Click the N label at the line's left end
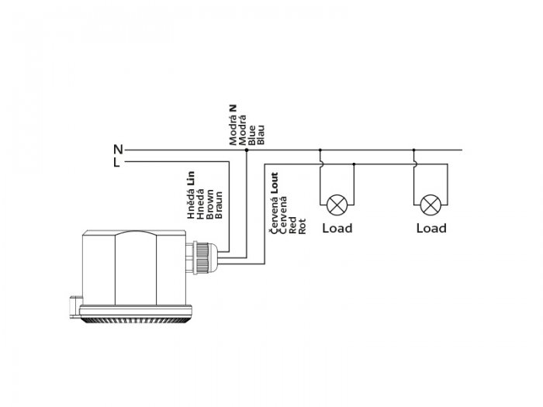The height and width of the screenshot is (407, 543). coord(118,150)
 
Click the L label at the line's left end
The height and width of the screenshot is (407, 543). coord(116,162)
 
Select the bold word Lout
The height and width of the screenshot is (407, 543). coord(275,183)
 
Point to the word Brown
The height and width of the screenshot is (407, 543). coord(210,204)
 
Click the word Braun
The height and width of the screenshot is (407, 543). coord(219,205)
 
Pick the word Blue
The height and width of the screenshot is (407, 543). coord(252,136)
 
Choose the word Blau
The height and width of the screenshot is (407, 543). coord(261,135)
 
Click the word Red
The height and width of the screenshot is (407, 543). coord(292,226)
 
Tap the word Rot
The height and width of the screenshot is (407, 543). coord(303,226)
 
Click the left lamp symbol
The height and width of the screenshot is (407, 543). coord(337,205)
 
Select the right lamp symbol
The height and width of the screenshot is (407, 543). coord(431,205)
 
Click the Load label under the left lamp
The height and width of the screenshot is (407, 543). coord(337,229)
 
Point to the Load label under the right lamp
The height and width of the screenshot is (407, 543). coord(431,229)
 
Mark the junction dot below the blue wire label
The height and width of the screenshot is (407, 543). coord(247,150)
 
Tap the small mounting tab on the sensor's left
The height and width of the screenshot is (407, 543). coord(75,307)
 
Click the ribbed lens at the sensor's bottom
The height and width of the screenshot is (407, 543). coord(136,320)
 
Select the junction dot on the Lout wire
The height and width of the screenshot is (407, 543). coord(354,164)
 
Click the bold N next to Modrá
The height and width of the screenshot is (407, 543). coord(233,109)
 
